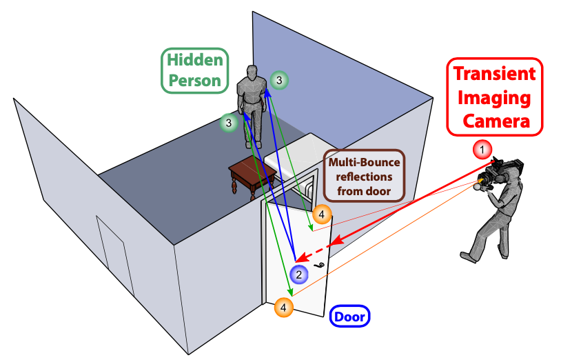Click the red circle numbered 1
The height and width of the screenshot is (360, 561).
(483, 149)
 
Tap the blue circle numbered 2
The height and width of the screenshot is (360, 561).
(298, 274)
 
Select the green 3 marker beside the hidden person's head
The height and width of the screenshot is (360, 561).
(278, 81)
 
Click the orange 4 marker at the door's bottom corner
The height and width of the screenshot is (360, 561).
(284, 307)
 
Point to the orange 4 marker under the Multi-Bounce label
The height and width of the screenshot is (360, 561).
(322, 214)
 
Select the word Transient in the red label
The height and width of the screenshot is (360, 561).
(495, 75)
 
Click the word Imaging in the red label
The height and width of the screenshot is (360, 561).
(495, 98)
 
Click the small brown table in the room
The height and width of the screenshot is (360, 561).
(252, 175)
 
